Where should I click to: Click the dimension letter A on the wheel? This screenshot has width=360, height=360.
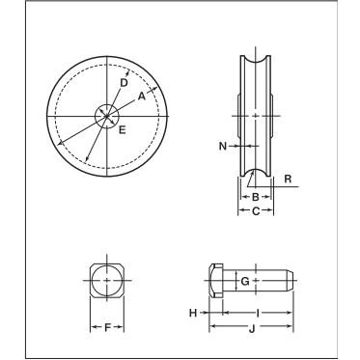coord(141,96)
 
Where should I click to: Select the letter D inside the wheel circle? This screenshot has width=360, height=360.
coord(123,84)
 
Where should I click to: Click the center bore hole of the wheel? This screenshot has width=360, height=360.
coord(106,116)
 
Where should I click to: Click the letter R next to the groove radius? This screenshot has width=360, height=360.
coord(287,180)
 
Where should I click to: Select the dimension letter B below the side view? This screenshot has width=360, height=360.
coord(255,196)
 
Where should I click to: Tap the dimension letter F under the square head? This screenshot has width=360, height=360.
coord(106,328)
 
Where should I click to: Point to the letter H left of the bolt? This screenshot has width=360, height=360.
coord(193,313)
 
